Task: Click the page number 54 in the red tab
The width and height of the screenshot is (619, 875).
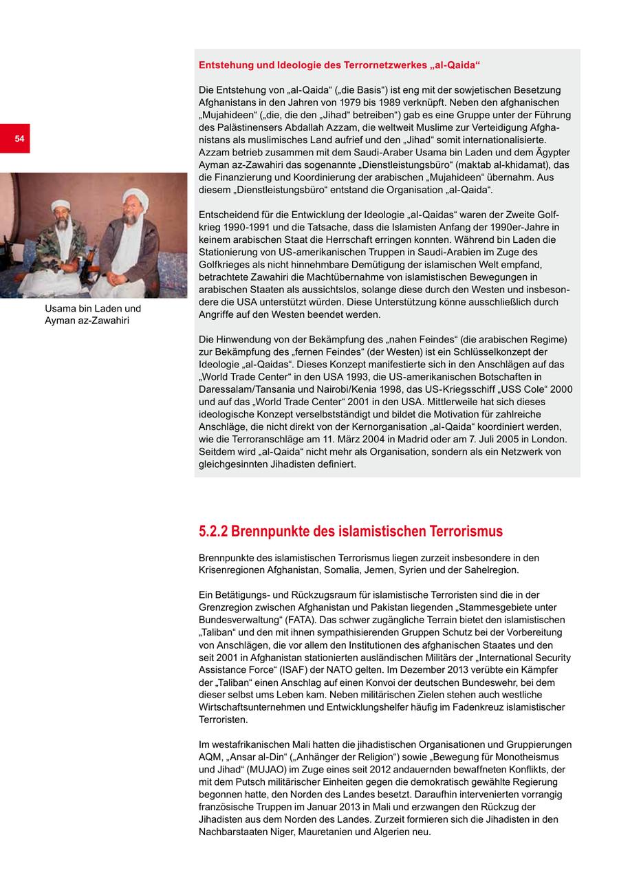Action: [19, 138]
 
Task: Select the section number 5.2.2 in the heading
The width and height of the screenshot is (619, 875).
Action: [213, 531]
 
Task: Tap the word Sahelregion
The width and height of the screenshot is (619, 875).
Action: [492, 570]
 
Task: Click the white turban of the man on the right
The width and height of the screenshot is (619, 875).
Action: [135, 197]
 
